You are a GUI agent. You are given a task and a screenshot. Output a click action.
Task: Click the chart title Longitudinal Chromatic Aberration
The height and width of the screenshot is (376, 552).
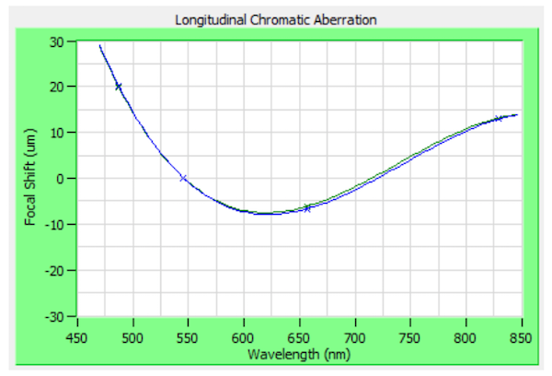click(x=275, y=19)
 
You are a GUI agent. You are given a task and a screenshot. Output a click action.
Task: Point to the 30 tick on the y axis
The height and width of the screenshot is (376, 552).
click(x=58, y=41)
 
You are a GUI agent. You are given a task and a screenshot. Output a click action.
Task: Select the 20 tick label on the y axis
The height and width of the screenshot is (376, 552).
click(x=58, y=87)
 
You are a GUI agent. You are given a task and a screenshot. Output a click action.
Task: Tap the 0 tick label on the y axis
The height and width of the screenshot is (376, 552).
click(x=61, y=179)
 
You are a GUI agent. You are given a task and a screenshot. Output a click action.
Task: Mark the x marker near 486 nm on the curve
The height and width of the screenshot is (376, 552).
click(x=119, y=87)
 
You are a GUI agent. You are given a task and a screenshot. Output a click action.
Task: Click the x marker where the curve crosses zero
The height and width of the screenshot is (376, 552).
click(x=183, y=178)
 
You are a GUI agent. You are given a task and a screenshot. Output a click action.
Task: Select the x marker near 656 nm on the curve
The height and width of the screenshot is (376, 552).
click(x=307, y=208)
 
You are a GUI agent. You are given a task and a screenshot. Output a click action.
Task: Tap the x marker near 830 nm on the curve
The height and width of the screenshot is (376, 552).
click(x=498, y=119)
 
